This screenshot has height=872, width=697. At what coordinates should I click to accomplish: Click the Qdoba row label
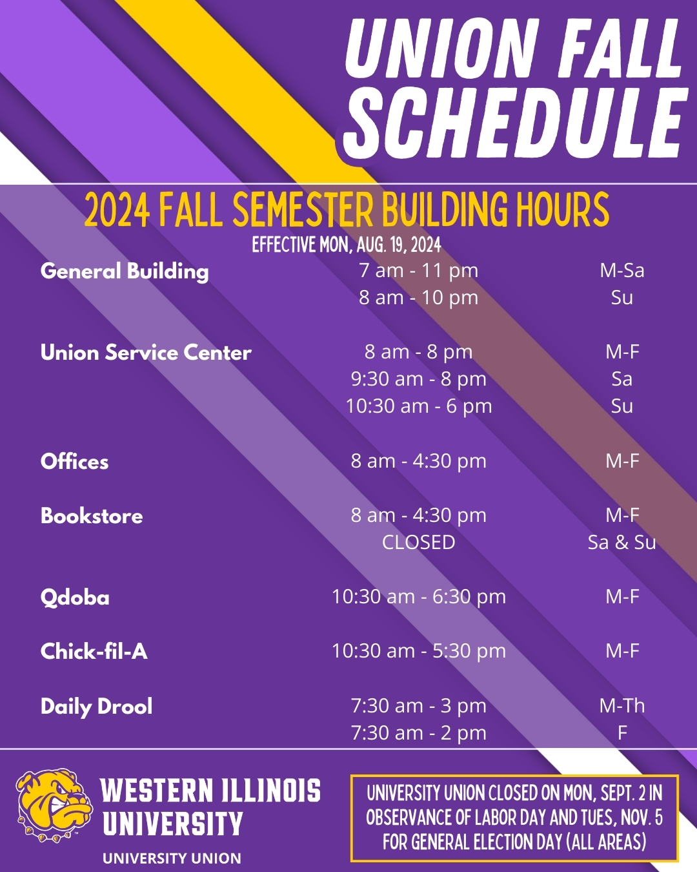[x=75, y=597]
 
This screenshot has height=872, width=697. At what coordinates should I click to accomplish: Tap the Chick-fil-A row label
[x=94, y=651]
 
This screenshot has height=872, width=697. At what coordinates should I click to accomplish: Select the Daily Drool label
[x=97, y=707]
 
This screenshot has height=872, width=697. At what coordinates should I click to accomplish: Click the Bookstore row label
[x=92, y=516]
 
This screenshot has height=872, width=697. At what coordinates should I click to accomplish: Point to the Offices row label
[x=75, y=462]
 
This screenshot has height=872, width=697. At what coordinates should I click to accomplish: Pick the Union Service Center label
[x=146, y=353]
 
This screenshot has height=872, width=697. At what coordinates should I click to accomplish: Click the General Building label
[x=125, y=271]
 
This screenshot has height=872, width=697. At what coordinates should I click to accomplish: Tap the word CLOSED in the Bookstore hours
[x=419, y=543]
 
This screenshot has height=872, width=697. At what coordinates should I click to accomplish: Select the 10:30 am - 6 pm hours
[x=419, y=406]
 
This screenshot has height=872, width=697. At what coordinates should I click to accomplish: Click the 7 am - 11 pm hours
[x=419, y=271]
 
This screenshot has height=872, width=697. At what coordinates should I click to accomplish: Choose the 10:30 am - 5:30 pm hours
[x=419, y=651]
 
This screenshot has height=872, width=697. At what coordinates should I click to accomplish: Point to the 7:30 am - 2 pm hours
[x=419, y=733]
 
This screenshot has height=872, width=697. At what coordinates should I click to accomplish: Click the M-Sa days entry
[x=622, y=271]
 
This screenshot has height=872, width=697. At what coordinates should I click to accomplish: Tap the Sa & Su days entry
[x=622, y=543]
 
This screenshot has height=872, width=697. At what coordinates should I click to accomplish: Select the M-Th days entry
[x=622, y=706]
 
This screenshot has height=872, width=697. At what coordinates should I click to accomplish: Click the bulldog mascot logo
[x=54, y=805]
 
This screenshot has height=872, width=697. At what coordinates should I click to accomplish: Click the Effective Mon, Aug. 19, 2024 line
[x=347, y=245]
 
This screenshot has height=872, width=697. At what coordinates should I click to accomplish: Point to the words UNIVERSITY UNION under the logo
[x=172, y=858]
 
